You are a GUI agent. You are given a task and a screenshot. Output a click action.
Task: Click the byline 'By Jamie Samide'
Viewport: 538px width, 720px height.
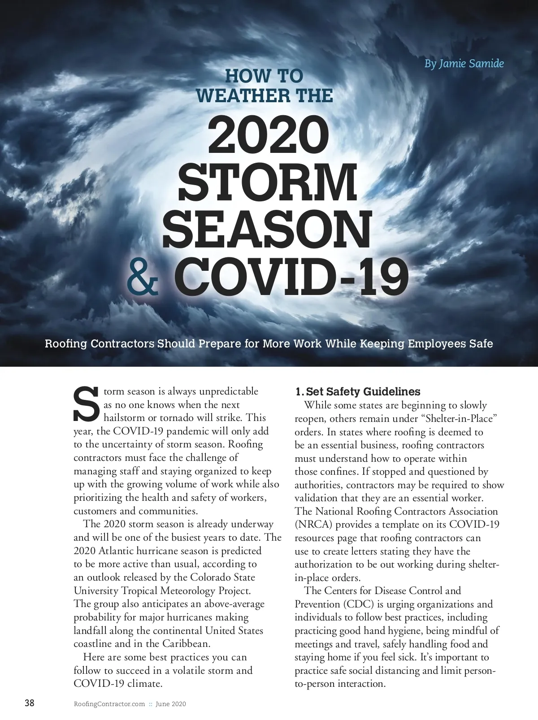tap(464, 64)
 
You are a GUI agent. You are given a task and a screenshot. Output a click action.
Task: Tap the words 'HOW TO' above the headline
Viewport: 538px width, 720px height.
tap(264, 76)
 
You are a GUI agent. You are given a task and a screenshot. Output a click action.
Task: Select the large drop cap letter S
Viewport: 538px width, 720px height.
tap(86, 404)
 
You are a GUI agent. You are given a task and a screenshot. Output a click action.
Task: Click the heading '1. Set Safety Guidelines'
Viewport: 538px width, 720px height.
tap(357, 391)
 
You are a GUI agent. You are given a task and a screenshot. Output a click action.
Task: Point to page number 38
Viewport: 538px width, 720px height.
tap(29, 703)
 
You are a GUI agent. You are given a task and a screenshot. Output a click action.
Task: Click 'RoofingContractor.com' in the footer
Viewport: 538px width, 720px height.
tap(109, 704)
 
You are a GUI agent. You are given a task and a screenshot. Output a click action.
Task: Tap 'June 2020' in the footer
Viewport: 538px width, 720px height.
tap(170, 704)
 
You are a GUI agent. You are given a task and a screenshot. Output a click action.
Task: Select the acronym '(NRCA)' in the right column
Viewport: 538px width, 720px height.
tap(313, 525)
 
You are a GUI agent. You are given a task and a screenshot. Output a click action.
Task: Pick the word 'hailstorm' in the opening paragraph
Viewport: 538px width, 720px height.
tap(125, 418)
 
